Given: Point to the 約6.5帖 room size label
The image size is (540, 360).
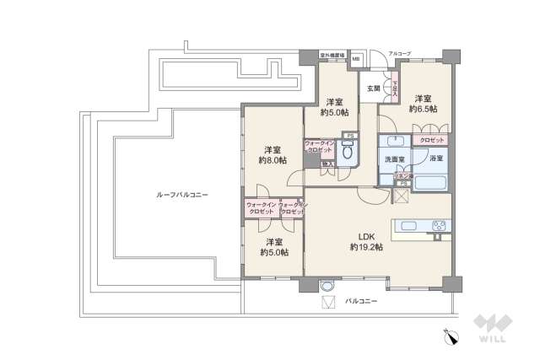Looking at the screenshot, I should pyautogui.click(x=423, y=108).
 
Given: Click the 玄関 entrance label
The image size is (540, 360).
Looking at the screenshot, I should pyautogui.click(x=373, y=88).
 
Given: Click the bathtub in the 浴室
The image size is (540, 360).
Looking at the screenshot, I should pyautogui.click(x=431, y=181).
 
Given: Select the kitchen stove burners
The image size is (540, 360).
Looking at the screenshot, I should pyautogui.click(x=439, y=225).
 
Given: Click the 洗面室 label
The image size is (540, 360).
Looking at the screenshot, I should pyautogui.click(x=396, y=158).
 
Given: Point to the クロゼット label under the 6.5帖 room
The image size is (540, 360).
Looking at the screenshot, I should pyautogui.click(x=432, y=139).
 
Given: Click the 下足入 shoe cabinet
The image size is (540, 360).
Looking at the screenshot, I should pyautogui.click(x=392, y=84).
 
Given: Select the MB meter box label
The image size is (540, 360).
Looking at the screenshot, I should pyautogui.click(x=355, y=59).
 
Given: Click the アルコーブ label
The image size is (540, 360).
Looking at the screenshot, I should pyautogui.click(x=399, y=53).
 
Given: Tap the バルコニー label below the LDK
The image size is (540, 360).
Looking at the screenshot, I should pyautogui.click(x=362, y=300).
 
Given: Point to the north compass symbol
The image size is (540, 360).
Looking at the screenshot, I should pyautogui.click(x=452, y=336).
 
